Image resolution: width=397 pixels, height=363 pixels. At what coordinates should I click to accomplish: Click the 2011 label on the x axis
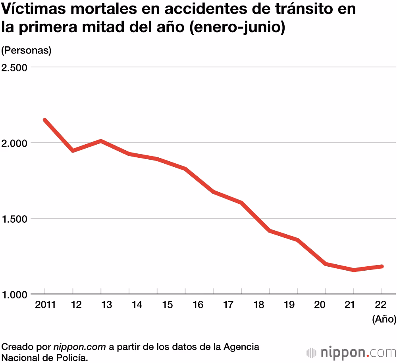tap(45, 305)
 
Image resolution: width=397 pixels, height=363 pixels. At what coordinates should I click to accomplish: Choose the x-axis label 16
tap(198, 305)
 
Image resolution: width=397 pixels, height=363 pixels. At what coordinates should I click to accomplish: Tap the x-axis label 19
tap(289, 305)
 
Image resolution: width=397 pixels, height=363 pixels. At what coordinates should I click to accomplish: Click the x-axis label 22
tap(381, 305)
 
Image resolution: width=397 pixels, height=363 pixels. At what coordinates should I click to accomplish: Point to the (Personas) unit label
tap(26, 50)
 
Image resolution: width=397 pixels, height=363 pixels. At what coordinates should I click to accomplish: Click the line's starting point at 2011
tap(45, 120)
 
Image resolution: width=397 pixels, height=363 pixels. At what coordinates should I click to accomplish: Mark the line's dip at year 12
tap(73, 151)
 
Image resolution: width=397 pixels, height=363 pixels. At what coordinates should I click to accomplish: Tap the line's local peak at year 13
tap(101, 141)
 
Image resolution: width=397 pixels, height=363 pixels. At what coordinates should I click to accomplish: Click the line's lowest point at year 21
tap(353, 270)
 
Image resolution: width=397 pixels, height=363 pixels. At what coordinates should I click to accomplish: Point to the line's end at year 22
tap(382, 266)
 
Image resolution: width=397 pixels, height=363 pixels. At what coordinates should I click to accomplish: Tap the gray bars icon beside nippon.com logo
tap(311, 352)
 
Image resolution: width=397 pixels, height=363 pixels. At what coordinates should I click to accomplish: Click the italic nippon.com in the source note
tap(79, 347)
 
